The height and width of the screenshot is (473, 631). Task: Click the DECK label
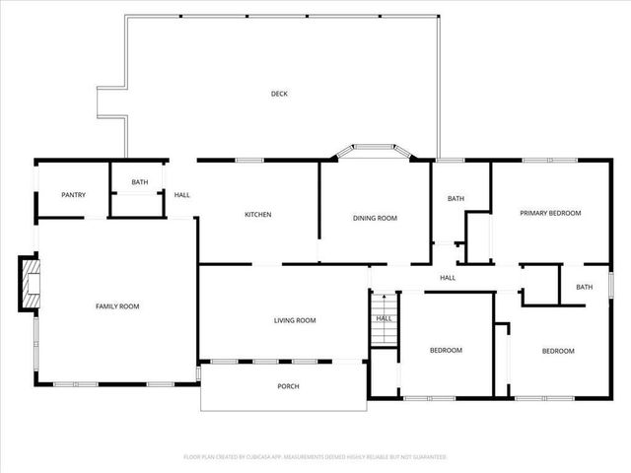(280, 95)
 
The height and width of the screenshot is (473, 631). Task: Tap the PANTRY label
(74, 195)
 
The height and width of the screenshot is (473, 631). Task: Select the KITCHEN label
(258, 215)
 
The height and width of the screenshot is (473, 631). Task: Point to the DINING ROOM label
(375, 218)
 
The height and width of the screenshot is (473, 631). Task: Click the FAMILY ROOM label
(117, 306)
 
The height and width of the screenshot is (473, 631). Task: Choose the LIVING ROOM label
(295, 320)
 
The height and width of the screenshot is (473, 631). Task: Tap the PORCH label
(288, 386)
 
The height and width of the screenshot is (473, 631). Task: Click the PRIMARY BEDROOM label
(551, 213)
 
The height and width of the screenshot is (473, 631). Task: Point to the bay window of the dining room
(374, 152)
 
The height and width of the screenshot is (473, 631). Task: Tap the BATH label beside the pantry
(140, 182)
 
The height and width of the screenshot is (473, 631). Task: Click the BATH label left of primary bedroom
(456, 199)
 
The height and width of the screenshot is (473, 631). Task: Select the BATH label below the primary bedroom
(585, 288)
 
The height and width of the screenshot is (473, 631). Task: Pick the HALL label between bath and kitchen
(182, 195)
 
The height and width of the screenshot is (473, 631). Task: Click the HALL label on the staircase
(385, 318)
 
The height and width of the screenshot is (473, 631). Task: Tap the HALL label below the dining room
(448, 278)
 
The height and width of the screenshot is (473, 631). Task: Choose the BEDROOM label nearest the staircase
(446, 351)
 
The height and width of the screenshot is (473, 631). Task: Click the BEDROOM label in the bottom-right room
(558, 351)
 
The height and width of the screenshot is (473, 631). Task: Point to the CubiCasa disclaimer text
(315, 457)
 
